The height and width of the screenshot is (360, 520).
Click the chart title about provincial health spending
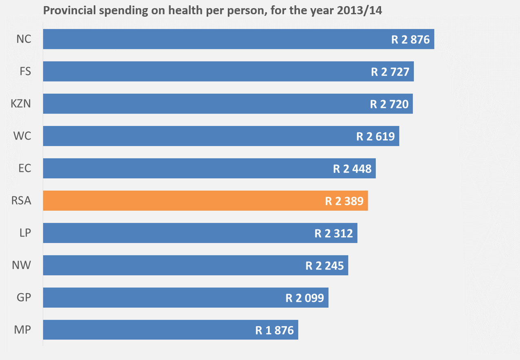(212, 10)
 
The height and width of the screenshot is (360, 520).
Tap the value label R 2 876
(410, 40)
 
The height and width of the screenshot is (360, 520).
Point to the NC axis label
(24, 39)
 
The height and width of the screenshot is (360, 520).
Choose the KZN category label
(21, 104)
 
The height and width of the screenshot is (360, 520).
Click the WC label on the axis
(22, 136)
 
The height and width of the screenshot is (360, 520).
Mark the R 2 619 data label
(375, 136)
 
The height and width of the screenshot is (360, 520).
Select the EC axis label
(25, 168)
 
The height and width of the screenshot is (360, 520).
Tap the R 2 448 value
(352, 169)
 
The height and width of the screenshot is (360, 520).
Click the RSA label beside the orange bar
(22, 201)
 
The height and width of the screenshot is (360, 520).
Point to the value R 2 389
(344, 201)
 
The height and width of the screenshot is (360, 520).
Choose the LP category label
(25, 233)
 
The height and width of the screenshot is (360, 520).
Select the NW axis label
(22, 265)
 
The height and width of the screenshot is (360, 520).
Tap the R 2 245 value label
(324, 266)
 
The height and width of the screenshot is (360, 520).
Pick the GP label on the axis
(24, 297)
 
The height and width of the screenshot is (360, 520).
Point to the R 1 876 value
(274, 330)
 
